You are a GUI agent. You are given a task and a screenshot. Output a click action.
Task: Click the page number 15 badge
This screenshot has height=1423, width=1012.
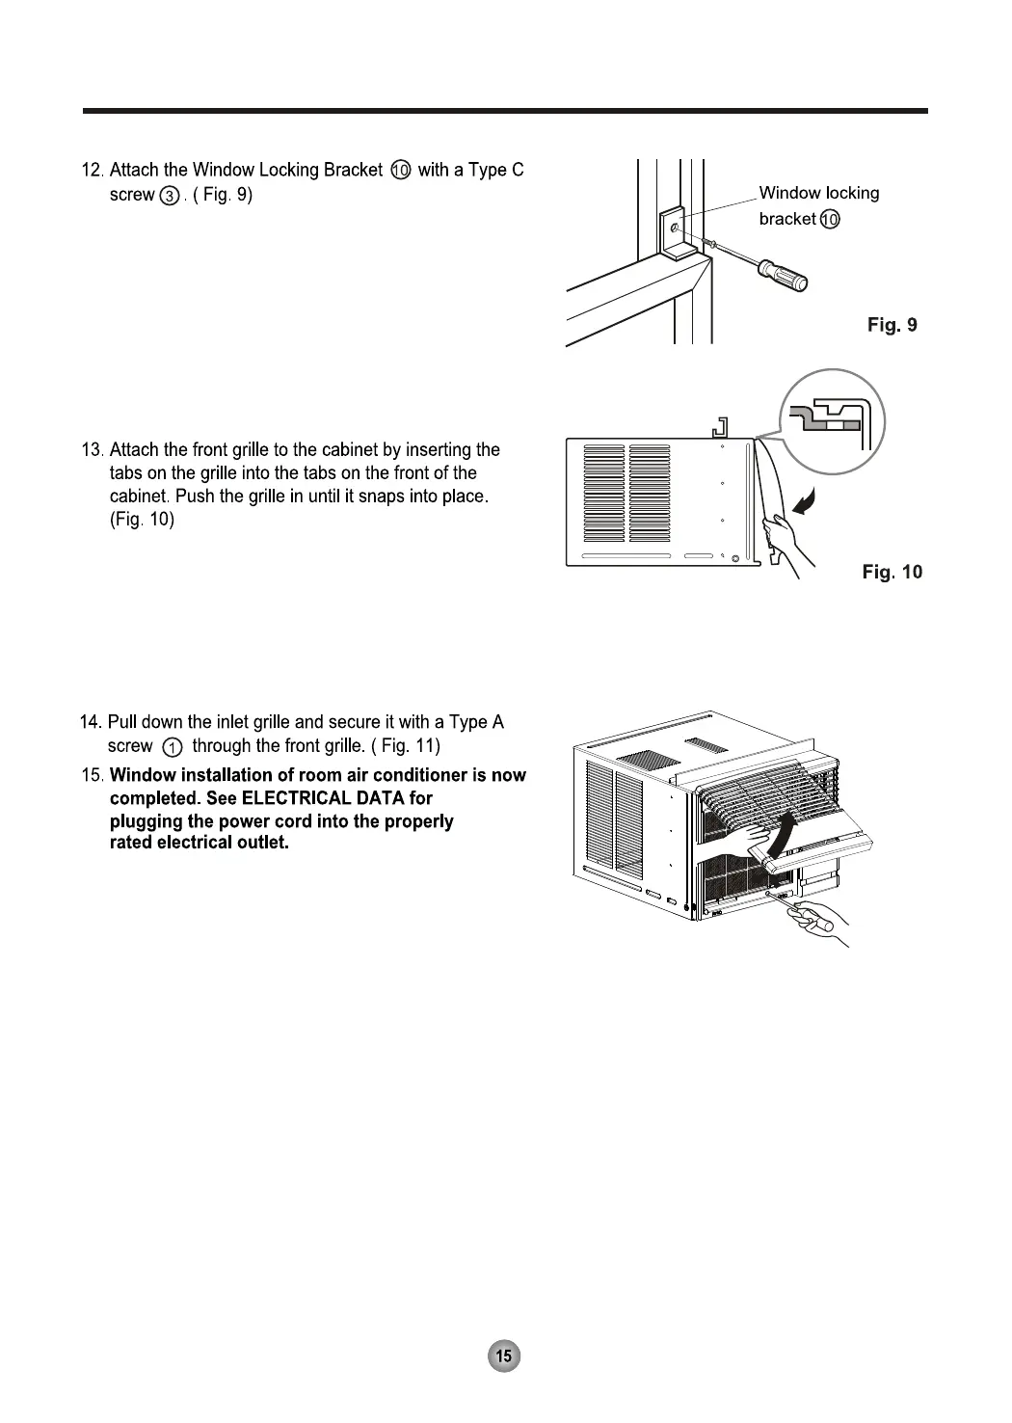click(x=503, y=1356)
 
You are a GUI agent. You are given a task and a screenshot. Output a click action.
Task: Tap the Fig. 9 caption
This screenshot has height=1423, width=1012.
click(x=892, y=325)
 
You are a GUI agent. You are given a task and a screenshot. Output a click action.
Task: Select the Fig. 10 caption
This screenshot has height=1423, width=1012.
click(x=892, y=573)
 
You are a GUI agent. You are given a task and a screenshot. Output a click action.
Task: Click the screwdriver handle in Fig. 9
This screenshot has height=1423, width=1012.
click(x=786, y=274)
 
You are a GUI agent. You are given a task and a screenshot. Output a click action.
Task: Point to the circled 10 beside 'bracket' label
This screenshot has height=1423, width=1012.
click(x=830, y=220)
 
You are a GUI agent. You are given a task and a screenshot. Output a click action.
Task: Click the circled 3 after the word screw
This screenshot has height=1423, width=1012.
click(x=170, y=197)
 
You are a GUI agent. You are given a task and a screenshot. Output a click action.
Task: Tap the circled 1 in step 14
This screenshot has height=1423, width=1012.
click(x=172, y=747)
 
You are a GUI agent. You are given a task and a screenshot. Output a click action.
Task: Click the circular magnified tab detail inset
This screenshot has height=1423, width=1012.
click(x=831, y=421)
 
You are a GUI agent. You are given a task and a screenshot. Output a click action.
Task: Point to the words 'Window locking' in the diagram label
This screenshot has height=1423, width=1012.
click(x=818, y=193)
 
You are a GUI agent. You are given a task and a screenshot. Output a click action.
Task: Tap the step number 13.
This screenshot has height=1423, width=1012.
click(x=93, y=450)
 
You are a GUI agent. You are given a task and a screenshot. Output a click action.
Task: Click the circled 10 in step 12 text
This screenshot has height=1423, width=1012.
click(x=401, y=171)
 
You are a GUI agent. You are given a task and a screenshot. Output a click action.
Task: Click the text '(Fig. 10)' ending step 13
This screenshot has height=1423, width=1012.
click(x=143, y=520)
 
